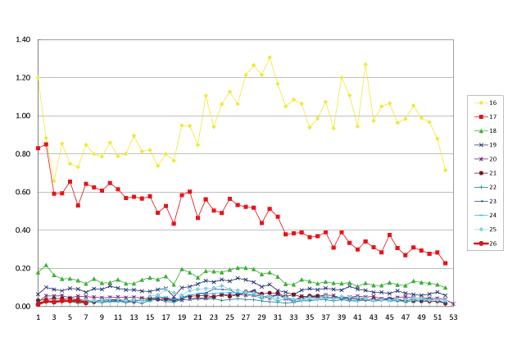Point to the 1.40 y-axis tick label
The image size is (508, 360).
click(22, 40)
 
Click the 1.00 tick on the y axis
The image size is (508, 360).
click(22, 116)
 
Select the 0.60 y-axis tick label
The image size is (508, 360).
click(22, 193)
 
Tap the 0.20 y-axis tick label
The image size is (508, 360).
click(22, 268)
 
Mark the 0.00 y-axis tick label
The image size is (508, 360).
click(22, 307)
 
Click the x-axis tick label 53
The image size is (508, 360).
click(453, 317)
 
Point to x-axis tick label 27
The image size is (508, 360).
click(245, 317)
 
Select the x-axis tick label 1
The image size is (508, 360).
click(38, 317)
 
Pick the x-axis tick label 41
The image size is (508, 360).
click(357, 317)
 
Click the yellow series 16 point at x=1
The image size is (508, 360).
click(38, 78)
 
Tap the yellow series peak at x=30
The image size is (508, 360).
click(270, 57)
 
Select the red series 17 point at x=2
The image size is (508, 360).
click(46, 144)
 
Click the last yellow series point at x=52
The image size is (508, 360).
click(445, 170)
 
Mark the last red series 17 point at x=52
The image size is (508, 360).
click(445, 263)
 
